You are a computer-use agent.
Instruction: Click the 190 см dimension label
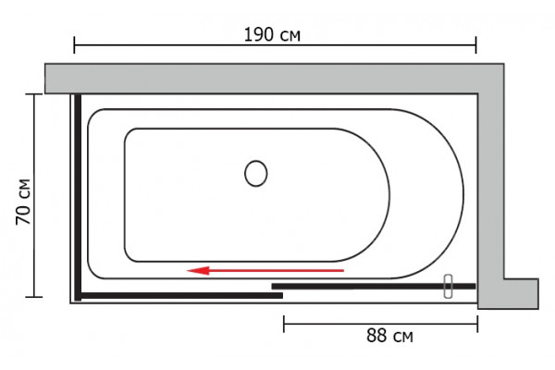272,35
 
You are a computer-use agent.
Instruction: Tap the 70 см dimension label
23,202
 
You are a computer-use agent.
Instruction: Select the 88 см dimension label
389,335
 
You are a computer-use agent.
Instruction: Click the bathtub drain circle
256,174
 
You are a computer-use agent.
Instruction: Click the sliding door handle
448,286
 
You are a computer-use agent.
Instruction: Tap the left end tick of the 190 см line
74,45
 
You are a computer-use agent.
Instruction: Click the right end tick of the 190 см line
476,45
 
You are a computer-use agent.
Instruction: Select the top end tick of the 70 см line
34,94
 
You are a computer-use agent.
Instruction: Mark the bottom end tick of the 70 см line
34,297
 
